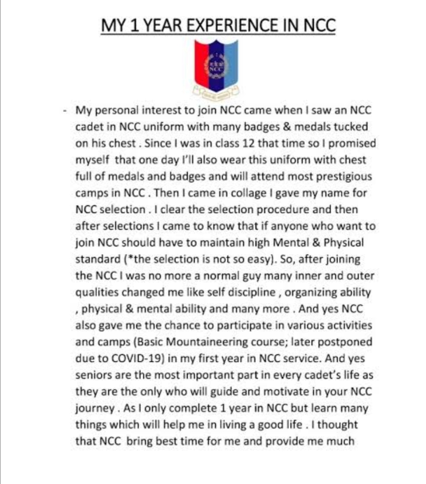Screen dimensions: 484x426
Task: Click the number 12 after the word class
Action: click(x=248, y=143)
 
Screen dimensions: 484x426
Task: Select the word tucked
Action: click(x=351, y=127)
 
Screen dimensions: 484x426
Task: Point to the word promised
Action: click(x=352, y=143)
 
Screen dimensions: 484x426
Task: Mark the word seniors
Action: click(x=93, y=375)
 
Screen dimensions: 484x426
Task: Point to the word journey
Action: click(x=94, y=408)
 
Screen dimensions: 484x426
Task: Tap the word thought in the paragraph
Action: click(x=338, y=425)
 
